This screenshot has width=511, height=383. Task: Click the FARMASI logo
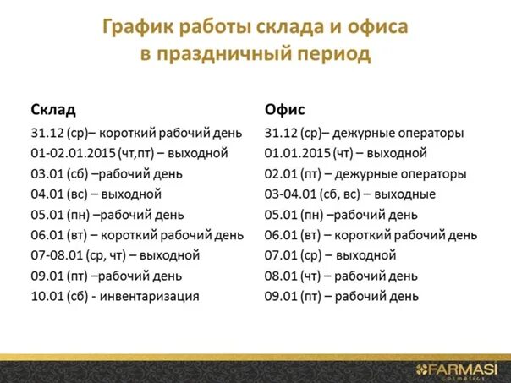tap(457, 370)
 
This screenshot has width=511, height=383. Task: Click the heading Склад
tap(53, 110)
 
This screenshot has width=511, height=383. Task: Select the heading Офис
tap(284, 109)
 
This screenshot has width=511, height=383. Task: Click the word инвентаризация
tap(149, 297)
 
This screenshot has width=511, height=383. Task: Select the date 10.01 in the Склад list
tap(47, 297)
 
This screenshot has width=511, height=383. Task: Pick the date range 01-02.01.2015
tap(74, 153)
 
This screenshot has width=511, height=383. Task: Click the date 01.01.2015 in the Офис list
tap(298, 153)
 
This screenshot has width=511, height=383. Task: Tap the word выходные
tap(404, 194)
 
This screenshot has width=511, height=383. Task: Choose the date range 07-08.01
tap(57, 255)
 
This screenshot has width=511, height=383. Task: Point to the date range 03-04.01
tap(291, 194)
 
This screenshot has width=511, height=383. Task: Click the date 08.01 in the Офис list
tap(281, 276)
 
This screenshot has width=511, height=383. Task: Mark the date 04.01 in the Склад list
tap(47, 194)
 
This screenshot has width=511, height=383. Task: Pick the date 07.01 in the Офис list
tap(281, 255)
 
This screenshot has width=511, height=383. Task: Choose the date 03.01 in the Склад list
tap(47, 174)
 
